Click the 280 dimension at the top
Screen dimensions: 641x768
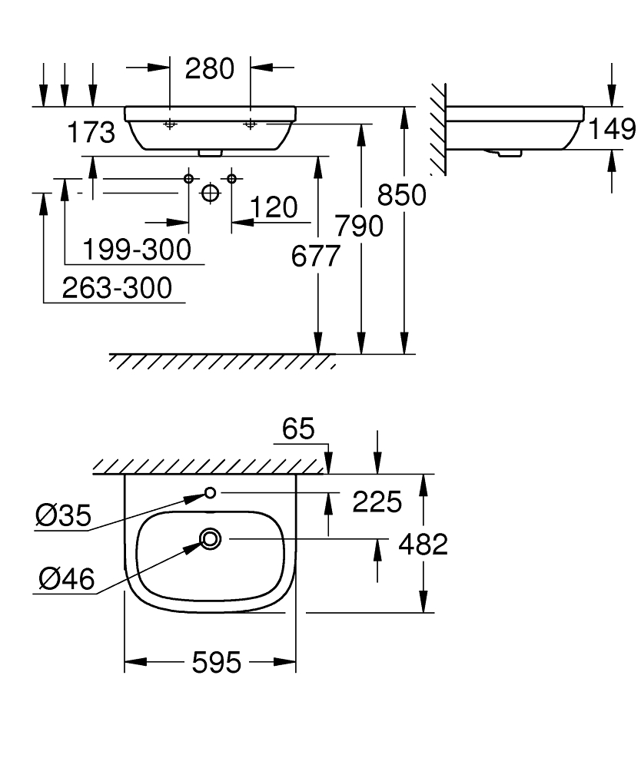point(209,68)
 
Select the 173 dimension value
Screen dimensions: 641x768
point(91,132)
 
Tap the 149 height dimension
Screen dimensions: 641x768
point(612,129)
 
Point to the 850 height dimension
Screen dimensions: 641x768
point(402,195)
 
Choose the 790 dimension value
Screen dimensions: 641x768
point(359,227)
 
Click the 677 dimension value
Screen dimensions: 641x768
point(316,257)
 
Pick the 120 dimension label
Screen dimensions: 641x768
point(274,207)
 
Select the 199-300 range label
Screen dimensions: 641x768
point(137,250)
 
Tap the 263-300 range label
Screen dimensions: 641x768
point(117,287)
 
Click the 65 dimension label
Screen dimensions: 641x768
point(298,429)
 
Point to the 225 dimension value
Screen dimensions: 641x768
point(377,502)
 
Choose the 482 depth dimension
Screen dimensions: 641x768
point(423,545)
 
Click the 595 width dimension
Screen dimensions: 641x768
point(217,663)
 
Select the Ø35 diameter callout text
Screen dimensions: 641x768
point(64,516)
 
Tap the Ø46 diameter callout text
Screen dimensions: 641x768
point(67,579)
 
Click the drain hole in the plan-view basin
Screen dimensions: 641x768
point(211,539)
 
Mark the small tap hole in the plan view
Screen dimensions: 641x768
point(211,493)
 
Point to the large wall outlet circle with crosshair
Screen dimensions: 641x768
point(211,193)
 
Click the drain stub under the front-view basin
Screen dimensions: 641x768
point(211,154)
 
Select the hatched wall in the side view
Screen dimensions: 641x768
point(439,129)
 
